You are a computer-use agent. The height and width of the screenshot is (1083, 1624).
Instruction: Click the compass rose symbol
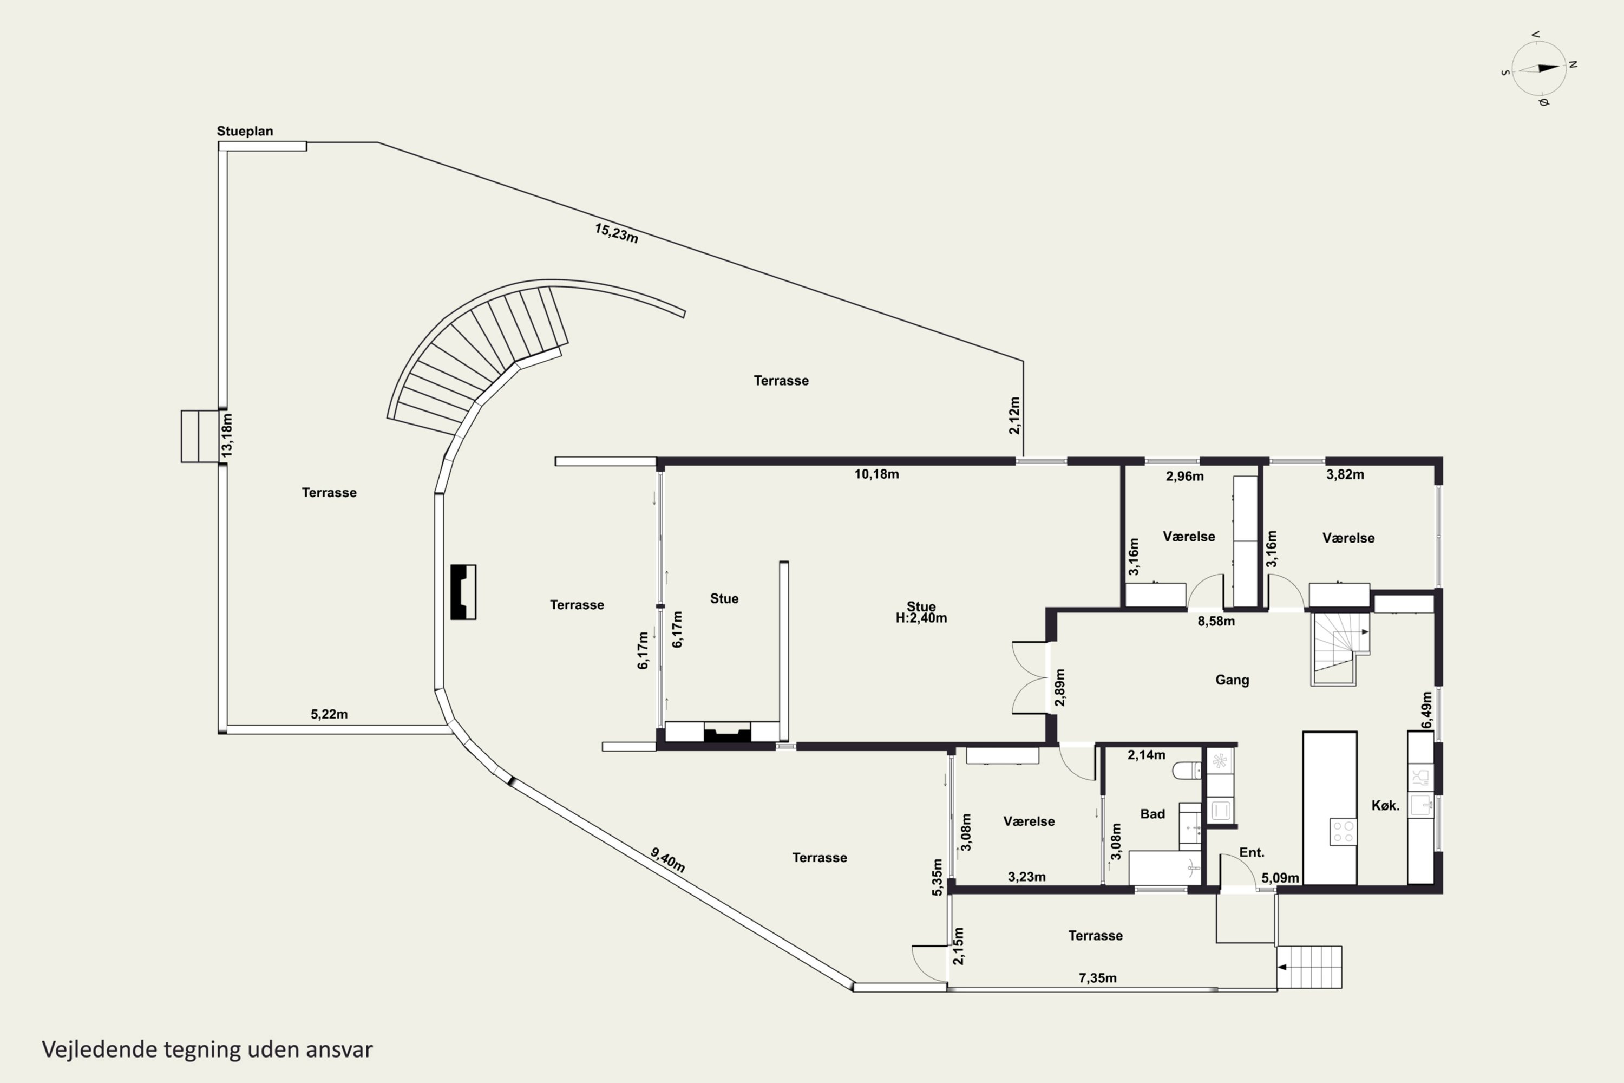click(1539, 68)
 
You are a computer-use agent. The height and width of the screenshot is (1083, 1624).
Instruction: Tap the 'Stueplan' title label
click(245, 131)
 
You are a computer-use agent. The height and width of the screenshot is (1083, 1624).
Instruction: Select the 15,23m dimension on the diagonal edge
click(616, 233)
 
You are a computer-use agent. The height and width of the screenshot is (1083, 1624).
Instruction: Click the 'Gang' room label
click(1232, 680)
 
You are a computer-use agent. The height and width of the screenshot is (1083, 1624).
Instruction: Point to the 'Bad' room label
click(1152, 814)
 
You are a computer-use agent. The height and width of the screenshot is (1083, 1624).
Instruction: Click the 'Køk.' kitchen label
click(1385, 805)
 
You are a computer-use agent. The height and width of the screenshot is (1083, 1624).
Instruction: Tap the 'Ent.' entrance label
click(1251, 852)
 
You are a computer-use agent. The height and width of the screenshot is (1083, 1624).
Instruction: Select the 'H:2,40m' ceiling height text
click(921, 618)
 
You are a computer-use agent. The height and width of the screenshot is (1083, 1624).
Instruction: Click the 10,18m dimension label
click(876, 474)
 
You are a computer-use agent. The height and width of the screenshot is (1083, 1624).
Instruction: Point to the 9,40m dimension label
click(667, 860)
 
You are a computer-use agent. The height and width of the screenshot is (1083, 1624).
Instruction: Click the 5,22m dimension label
click(329, 714)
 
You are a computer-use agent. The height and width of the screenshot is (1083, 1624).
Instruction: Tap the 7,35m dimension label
click(1097, 978)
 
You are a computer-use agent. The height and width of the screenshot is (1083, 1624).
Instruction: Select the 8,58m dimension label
click(1216, 621)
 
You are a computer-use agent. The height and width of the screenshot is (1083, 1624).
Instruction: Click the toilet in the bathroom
click(1188, 770)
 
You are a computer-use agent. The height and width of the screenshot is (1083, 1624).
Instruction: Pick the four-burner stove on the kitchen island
click(1343, 832)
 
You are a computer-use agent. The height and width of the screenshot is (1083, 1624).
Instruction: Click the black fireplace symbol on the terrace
click(463, 592)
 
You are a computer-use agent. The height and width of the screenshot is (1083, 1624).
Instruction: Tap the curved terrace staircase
click(476, 359)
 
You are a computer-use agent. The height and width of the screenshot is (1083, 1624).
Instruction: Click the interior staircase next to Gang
click(1339, 649)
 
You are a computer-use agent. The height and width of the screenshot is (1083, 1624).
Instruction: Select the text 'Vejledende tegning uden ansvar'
click(207, 1050)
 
